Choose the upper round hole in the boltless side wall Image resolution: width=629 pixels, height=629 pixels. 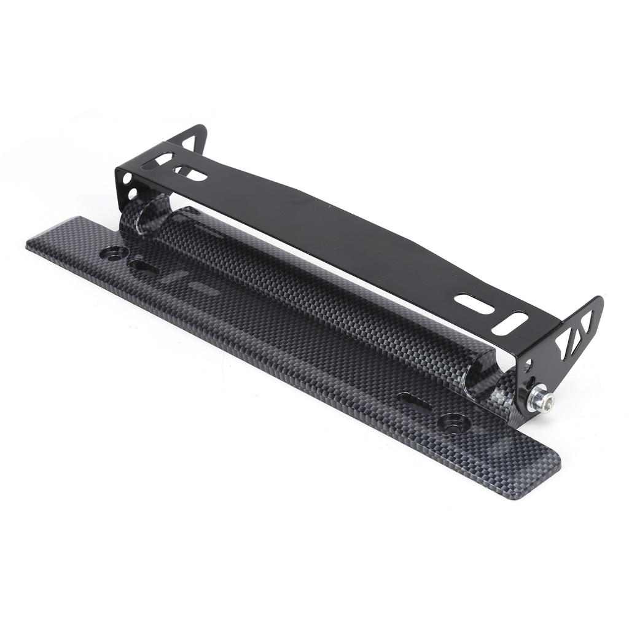point(127,179)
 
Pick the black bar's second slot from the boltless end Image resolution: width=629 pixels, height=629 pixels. point(190,174)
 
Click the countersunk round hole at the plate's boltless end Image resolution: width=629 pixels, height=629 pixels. point(115,252)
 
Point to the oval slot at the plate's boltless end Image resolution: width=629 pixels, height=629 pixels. point(144,267)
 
